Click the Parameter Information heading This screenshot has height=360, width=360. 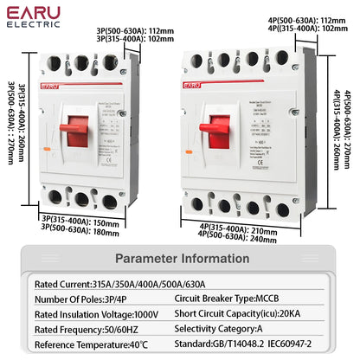click(x=179, y=258)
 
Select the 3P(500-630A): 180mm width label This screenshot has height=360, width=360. click(x=82, y=231)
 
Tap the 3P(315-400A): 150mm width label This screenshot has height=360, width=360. click(x=82, y=222)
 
